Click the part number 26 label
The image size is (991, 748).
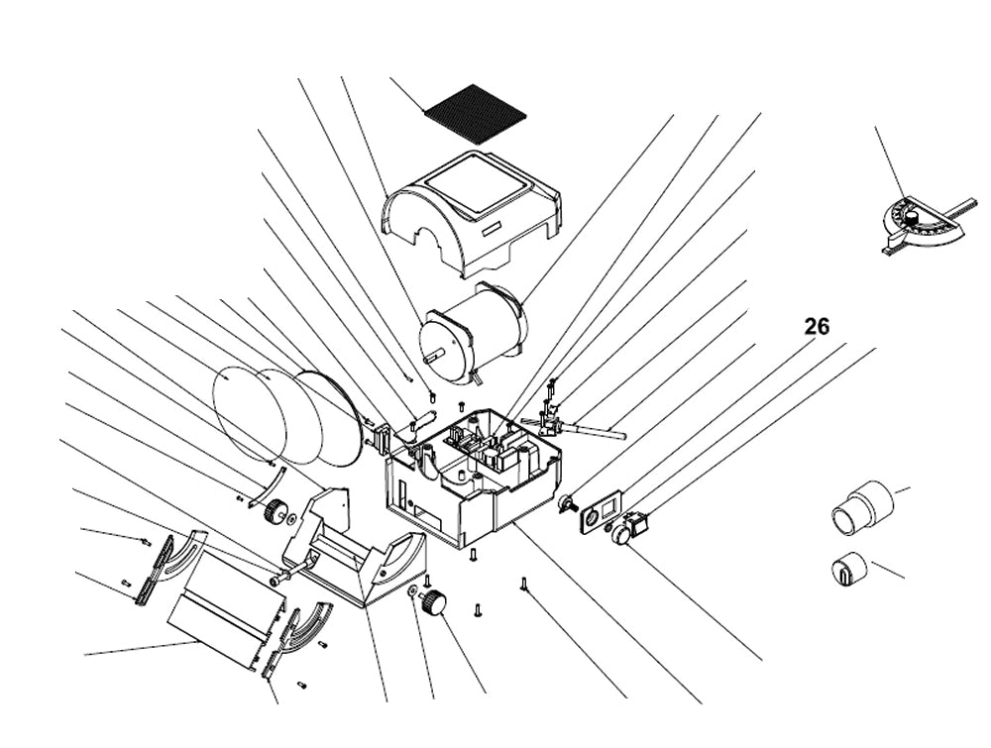tap(817, 327)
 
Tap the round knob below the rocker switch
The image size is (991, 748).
tap(622, 534)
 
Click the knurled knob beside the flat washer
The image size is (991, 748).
tap(433, 602)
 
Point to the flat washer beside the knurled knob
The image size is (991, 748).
tap(410, 591)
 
